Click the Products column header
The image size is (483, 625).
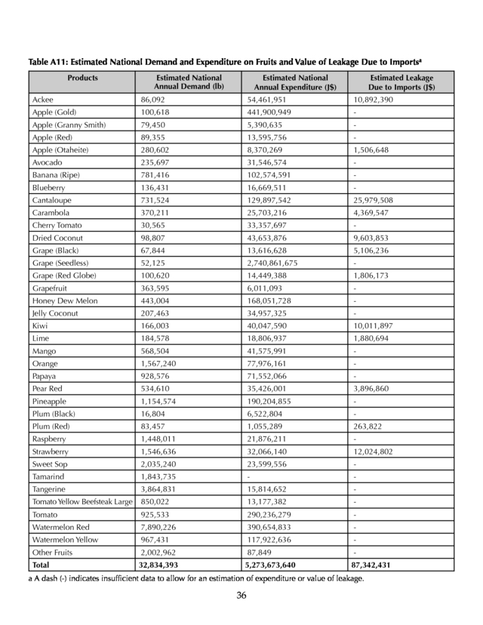(x=82, y=78)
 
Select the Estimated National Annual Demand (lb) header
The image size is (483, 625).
(x=189, y=82)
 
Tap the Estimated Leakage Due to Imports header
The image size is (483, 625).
(x=401, y=82)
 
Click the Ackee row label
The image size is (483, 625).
(x=42, y=100)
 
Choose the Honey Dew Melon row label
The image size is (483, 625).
(x=64, y=300)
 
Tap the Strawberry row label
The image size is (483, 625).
(x=51, y=451)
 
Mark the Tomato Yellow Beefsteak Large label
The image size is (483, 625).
(x=82, y=502)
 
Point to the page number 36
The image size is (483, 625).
(x=241, y=596)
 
